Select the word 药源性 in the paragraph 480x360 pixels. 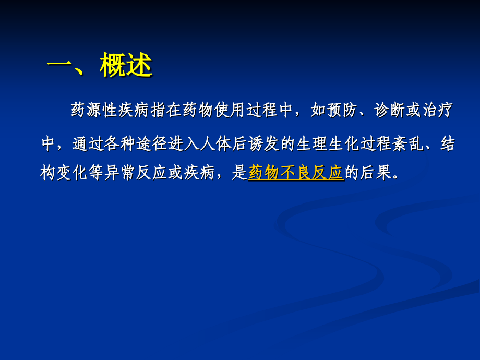coord(94,111)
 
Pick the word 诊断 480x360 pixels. coord(390,111)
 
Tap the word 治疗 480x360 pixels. coord(438,111)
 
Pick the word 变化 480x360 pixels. coord(72,173)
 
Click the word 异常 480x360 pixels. coord(120,173)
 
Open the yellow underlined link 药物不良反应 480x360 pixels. coord(296,173)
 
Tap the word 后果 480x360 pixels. coord(375,173)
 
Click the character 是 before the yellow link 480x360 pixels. coord(239,173)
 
